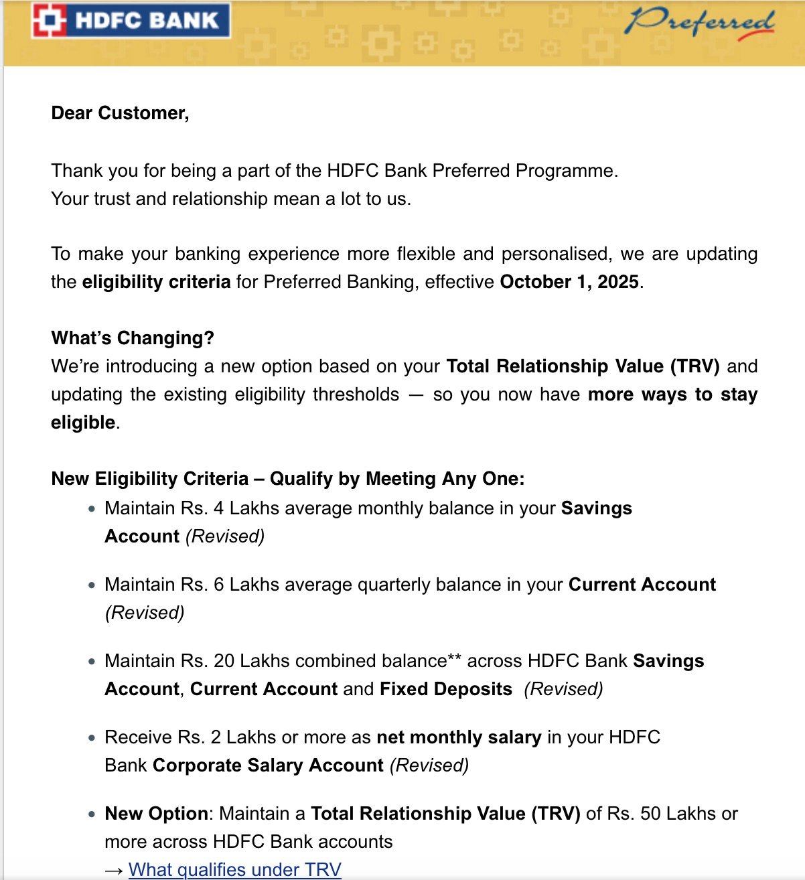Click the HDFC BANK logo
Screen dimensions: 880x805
tap(131, 21)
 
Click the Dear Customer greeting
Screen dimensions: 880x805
tap(120, 113)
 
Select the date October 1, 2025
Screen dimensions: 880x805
tap(569, 282)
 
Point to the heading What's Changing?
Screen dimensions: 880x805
tap(133, 338)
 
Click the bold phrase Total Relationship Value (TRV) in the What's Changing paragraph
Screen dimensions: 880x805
tap(583, 366)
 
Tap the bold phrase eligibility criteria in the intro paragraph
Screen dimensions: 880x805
tap(156, 282)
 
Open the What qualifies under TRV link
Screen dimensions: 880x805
tap(234, 869)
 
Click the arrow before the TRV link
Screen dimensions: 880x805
tap(114, 870)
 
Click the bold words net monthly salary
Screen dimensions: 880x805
tap(459, 737)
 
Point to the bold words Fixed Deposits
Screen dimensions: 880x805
tap(445, 689)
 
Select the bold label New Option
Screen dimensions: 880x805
tap(156, 814)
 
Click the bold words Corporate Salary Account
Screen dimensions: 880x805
tap(268, 765)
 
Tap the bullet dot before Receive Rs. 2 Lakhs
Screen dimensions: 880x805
tap(92, 738)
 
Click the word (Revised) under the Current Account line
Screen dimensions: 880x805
tap(145, 613)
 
